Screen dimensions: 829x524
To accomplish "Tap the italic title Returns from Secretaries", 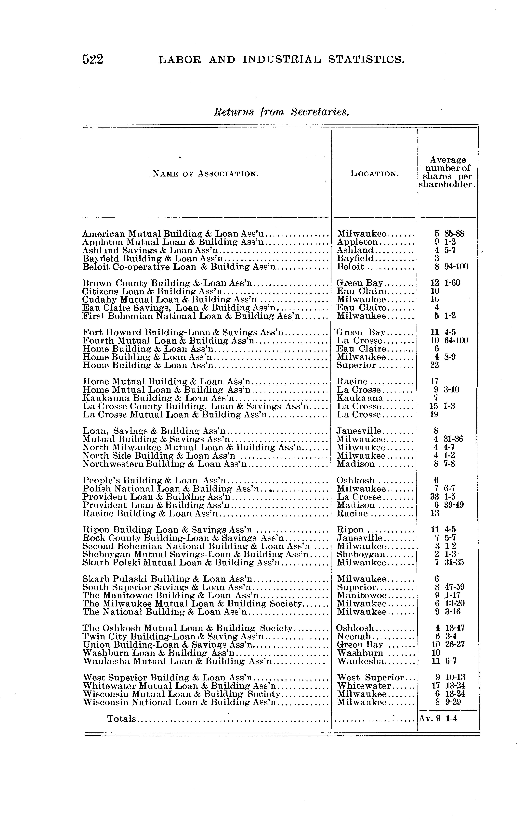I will click(281, 112).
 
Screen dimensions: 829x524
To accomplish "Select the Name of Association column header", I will click(205, 174).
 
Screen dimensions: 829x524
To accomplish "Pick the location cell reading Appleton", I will click(358, 242).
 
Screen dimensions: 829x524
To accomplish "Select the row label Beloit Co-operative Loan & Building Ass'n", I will click(179, 267).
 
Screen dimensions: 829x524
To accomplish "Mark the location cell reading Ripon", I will click(350, 529).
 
